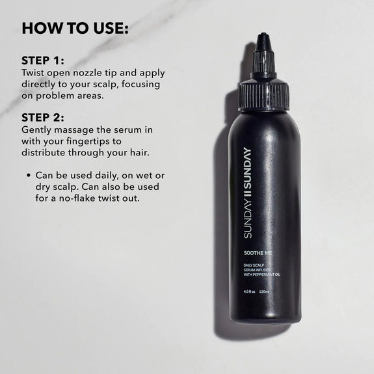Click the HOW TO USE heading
click(75, 29)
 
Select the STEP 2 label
click(44, 118)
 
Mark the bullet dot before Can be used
click(29, 176)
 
